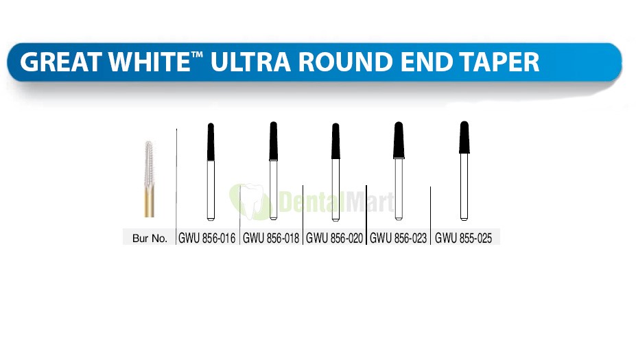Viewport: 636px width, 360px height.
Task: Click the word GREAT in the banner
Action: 61,62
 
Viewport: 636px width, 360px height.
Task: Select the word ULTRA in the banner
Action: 250,62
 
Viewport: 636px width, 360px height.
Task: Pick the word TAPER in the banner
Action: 499,62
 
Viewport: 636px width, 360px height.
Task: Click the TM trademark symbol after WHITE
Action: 197,56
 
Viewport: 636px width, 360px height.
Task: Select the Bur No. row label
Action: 150,239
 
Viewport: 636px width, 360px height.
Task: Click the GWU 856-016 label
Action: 207,239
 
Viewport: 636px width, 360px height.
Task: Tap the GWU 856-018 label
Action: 271,239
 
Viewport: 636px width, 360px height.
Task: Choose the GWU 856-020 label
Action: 335,239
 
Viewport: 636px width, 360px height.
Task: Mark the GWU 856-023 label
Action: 399,239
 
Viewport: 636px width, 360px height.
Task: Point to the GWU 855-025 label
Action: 463,239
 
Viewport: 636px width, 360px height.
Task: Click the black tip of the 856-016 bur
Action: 211,141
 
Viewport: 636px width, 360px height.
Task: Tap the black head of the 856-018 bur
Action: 273,141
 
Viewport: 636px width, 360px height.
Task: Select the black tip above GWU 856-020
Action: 335,141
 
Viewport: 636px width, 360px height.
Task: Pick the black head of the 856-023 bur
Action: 399,140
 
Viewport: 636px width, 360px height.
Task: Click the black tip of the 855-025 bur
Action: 464,137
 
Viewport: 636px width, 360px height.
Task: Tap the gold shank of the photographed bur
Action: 150,203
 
